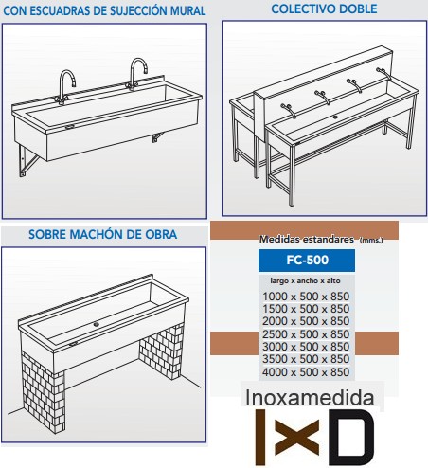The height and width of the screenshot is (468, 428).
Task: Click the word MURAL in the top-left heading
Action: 188,10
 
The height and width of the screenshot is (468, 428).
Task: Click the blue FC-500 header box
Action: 307,261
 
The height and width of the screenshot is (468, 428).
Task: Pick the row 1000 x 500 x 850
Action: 306,297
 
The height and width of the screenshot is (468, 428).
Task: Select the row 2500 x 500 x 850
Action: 306,333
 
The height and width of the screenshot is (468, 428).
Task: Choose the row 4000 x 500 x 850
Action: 306,371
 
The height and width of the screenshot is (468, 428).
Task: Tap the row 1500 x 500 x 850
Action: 306,309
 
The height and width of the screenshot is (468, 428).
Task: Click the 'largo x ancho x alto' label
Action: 305,280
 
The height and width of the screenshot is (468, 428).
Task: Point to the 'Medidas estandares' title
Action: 306,239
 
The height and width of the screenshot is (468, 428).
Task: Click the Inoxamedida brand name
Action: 310,398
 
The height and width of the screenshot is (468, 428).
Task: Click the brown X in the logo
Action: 296,438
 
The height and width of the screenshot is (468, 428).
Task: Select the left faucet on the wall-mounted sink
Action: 65,87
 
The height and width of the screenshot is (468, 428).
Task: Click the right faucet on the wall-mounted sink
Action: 137,74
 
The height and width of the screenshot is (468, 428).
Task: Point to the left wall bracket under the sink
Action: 27,161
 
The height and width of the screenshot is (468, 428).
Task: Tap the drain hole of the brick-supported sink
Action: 97,324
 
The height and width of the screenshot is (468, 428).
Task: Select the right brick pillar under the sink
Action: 161,351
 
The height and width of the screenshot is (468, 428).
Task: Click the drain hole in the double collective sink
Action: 335,117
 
